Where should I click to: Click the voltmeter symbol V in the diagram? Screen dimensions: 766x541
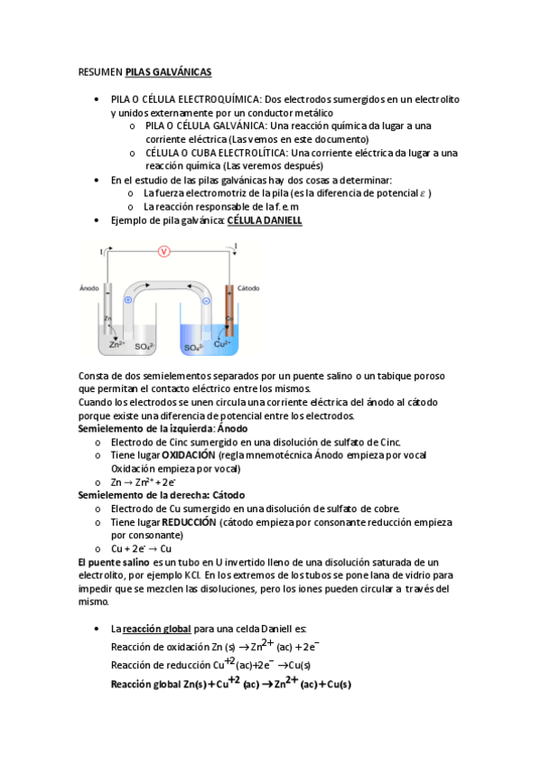coord(163,251)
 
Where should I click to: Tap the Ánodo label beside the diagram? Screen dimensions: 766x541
coord(89,288)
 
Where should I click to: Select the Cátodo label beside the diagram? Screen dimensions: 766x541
coord(248,288)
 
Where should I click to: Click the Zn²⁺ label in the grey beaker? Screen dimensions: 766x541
coord(117,344)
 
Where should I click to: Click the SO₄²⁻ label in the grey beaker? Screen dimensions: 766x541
coord(145,346)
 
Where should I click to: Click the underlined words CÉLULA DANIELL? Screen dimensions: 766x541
coord(265,220)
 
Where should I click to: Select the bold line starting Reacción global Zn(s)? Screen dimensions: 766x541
coord(230,684)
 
